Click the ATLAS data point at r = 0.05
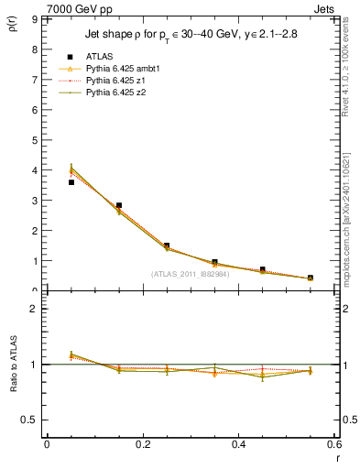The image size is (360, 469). pos(71,182)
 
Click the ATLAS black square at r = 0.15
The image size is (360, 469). pos(119,205)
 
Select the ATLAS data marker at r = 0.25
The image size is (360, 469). pos(167,245)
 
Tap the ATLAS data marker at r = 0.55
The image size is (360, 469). pos(311,278)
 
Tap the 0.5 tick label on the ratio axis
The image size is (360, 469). pos(28,420)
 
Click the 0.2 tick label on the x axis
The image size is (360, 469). pos(142,444)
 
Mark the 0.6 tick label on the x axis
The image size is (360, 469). pos(333,444)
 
